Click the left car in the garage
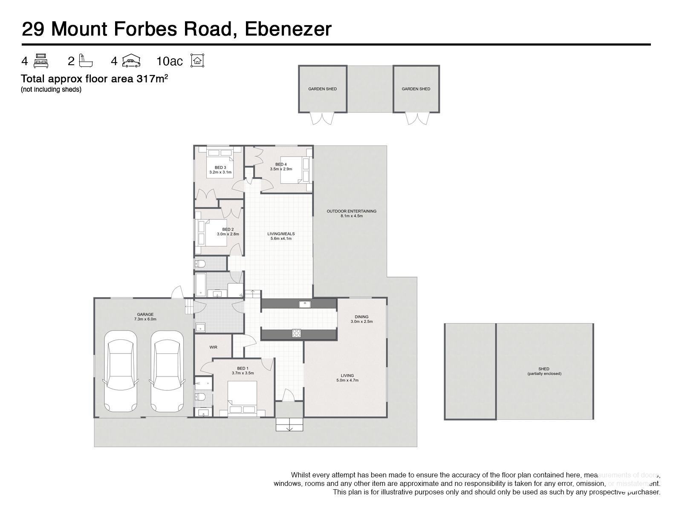pyautogui.click(x=121, y=371)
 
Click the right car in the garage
pyautogui.click(x=167, y=371)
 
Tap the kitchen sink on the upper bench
pyautogui.click(x=304, y=304)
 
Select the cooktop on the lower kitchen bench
pyautogui.click(x=297, y=333)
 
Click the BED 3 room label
pyautogui.click(x=220, y=170)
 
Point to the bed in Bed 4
pyautogui.click(x=297, y=170)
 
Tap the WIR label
pyautogui.click(x=214, y=347)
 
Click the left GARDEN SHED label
pyautogui.click(x=323, y=89)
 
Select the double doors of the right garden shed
pyautogui.click(x=416, y=118)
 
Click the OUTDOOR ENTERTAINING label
pyautogui.click(x=351, y=213)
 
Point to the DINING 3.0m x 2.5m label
pyautogui.click(x=361, y=319)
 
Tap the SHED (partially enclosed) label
pyautogui.click(x=544, y=371)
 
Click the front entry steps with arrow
pyautogui.click(x=289, y=425)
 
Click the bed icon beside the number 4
pyautogui.click(x=41, y=61)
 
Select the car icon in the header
pyautogui.click(x=131, y=61)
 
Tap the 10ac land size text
pyautogui.click(x=169, y=61)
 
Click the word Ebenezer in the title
pyautogui.click(x=288, y=29)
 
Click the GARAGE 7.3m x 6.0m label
pyautogui.click(x=145, y=317)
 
